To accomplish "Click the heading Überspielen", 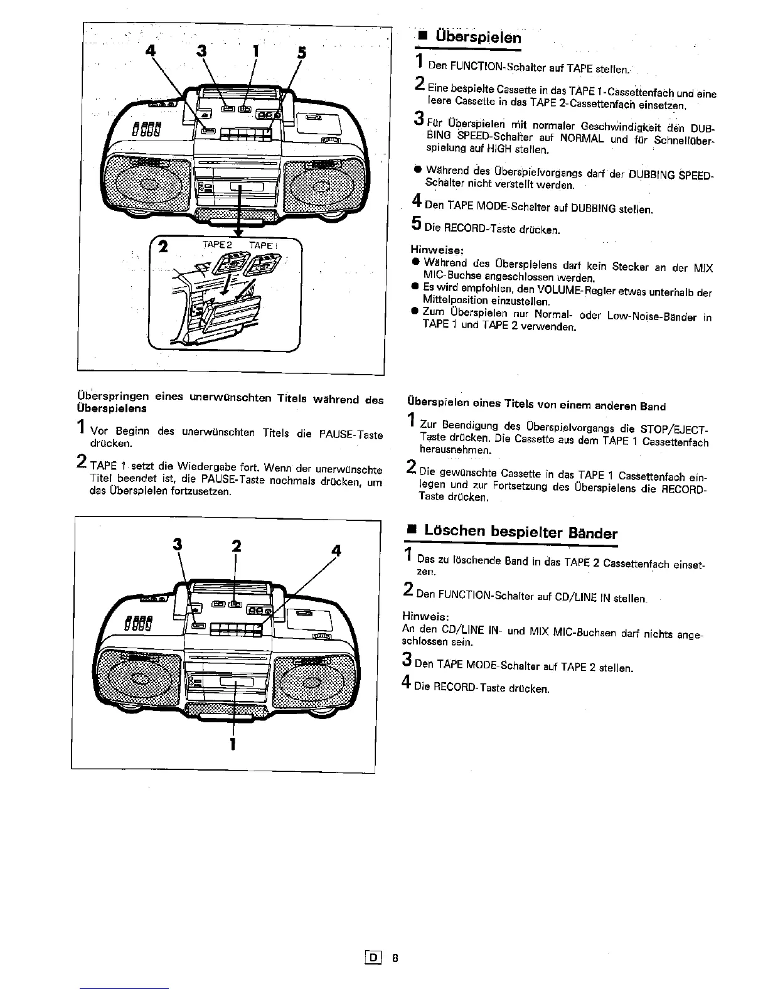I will [474, 36].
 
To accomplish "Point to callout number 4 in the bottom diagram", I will [336, 551].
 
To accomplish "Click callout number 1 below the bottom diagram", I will [233, 744].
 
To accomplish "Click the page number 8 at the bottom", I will [395, 958].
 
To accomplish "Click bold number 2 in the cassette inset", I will [163, 247].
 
